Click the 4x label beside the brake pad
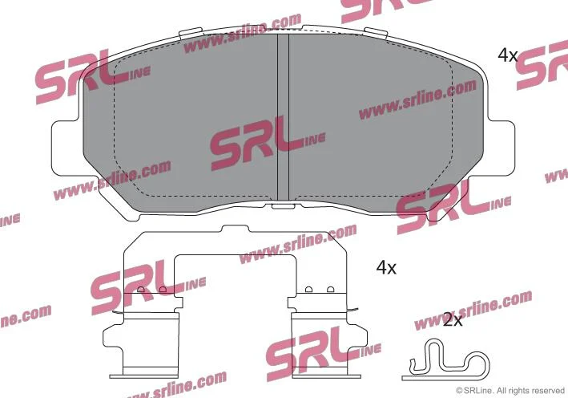coord(507,55)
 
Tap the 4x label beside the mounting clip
coord(386,268)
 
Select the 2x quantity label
coord(453,319)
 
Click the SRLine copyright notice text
coord(510,391)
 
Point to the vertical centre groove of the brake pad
coord(283,117)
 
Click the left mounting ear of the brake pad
coord(66,148)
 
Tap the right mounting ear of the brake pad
coord(501,148)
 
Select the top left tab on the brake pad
coord(190,32)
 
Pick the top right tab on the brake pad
coord(376,32)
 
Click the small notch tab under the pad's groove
coord(283,206)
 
